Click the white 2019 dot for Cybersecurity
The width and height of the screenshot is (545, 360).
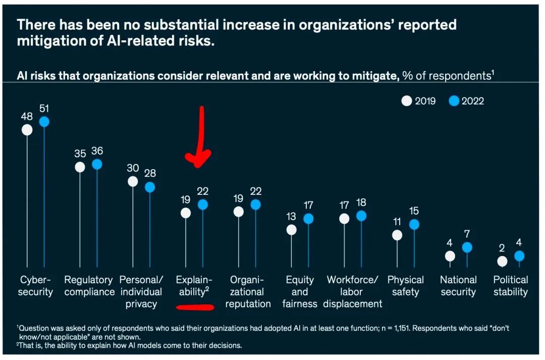(27, 130)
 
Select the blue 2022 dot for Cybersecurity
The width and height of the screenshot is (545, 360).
(44, 122)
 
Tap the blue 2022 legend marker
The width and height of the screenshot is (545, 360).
(454, 101)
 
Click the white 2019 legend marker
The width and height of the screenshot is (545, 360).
(407, 101)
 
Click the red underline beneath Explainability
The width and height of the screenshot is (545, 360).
(195, 306)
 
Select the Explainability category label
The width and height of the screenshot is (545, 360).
(194, 286)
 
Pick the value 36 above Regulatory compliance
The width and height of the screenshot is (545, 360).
(97, 151)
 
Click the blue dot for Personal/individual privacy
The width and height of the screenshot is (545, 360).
(150, 187)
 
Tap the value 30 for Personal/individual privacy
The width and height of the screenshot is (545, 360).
(133, 168)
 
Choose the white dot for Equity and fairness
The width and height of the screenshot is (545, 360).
(291, 230)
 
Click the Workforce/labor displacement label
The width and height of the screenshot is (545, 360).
(353, 292)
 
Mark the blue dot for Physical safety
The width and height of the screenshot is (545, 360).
(414, 224)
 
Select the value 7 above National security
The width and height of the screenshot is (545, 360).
(467, 234)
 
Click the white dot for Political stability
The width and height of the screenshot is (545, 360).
(502, 262)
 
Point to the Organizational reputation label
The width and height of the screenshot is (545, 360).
(248, 292)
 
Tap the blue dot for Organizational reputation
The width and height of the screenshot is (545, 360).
(256, 204)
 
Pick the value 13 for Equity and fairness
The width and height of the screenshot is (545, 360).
(291, 216)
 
